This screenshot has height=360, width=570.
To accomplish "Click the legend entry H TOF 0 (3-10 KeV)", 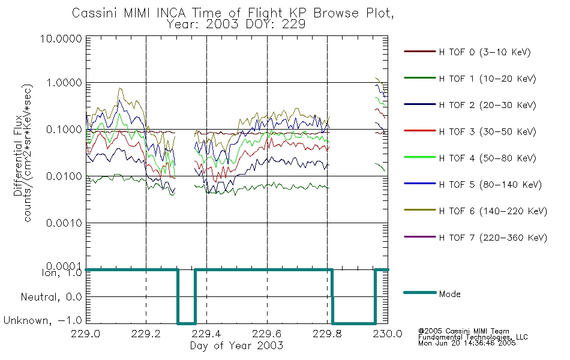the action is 485,52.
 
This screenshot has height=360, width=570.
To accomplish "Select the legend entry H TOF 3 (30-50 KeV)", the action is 487,131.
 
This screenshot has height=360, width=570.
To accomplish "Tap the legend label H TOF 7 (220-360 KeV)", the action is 493,238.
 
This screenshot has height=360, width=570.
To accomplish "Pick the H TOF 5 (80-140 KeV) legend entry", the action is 490,185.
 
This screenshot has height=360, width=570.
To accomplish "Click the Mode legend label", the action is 449,294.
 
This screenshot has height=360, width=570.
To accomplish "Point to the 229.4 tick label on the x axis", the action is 206,334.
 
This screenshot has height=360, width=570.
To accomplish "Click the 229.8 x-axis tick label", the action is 327,334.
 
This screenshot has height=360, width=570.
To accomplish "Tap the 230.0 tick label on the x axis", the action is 388,334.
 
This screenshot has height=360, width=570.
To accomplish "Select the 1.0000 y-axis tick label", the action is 64,83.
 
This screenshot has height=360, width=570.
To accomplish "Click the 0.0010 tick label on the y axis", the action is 64,223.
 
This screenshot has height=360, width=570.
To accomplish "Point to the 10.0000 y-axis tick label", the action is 61,38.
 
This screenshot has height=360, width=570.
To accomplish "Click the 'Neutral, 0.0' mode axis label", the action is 51,297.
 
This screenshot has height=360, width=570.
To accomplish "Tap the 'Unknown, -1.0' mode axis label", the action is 43,320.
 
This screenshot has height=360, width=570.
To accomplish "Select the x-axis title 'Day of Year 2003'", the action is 236,346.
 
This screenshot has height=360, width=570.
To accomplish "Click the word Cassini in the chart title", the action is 95,13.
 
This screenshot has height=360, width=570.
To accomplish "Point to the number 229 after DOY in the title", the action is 295,25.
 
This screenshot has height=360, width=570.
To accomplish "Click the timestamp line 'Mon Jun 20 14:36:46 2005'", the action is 467,343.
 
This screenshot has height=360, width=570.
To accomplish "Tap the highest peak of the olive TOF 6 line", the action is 376,78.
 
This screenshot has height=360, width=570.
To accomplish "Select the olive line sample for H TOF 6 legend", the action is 420,210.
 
